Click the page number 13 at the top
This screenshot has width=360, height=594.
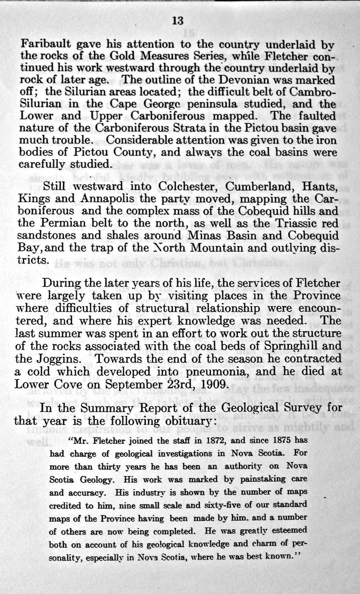[178, 21]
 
